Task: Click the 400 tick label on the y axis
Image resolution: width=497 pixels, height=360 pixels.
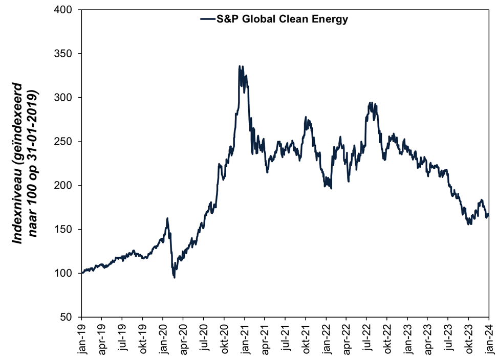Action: pyautogui.click(x=66, y=10)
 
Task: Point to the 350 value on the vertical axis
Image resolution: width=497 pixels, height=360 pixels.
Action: pyautogui.click(x=66, y=54)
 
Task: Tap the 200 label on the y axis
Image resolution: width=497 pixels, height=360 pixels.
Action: pyautogui.click(x=66, y=185)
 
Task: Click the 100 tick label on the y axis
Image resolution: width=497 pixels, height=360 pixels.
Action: pyautogui.click(x=66, y=273)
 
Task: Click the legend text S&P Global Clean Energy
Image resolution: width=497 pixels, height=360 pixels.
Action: pyautogui.click(x=282, y=19)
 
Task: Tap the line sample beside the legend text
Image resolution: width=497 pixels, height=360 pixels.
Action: pyautogui.click(x=207, y=19)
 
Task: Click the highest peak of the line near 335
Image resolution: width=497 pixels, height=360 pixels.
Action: pyautogui.click(x=240, y=66)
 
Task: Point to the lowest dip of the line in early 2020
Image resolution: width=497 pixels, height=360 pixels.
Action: pyautogui.click(x=175, y=277)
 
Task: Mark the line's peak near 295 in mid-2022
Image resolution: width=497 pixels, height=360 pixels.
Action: pyautogui.click(x=371, y=103)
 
